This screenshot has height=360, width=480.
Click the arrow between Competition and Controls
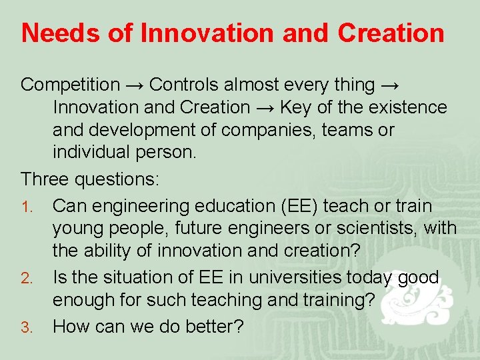click(x=135, y=85)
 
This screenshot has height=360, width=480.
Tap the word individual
click(x=92, y=152)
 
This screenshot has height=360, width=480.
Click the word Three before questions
click(x=45, y=179)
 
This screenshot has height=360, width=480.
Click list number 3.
click(x=26, y=327)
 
